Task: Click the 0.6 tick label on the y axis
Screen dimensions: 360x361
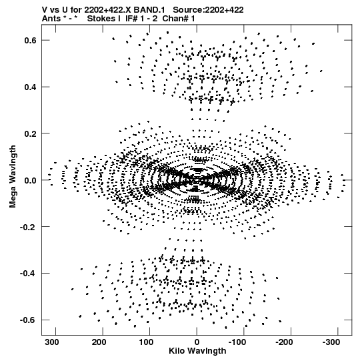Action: point(30,40)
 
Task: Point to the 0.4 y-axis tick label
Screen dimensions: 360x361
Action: point(30,87)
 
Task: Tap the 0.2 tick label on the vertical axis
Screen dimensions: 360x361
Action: point(30,133)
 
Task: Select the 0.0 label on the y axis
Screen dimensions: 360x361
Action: point(30,180)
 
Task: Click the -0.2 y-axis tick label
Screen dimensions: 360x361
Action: point(28,227)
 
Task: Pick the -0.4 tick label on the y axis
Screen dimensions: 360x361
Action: point(28,274)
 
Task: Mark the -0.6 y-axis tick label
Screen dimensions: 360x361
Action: point(28,320)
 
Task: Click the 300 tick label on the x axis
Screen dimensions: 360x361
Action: point(52,342)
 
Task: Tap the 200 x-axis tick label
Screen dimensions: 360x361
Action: point(99,342)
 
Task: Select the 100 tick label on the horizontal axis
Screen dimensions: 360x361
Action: point(146,342)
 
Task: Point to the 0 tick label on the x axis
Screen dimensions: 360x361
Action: point(197,342)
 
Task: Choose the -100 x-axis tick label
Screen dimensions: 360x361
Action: point(237,342)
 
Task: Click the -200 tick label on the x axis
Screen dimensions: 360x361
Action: point(284,342)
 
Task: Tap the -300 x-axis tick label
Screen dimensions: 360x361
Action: point(331,342)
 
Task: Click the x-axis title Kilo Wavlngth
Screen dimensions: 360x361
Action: point(197,351)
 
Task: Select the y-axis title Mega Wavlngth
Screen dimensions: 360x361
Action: point(13,177)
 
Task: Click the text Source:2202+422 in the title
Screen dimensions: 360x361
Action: point(208,10)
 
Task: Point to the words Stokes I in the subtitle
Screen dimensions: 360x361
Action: point(104,19)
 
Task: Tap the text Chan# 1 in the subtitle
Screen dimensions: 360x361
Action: point(179,19)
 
